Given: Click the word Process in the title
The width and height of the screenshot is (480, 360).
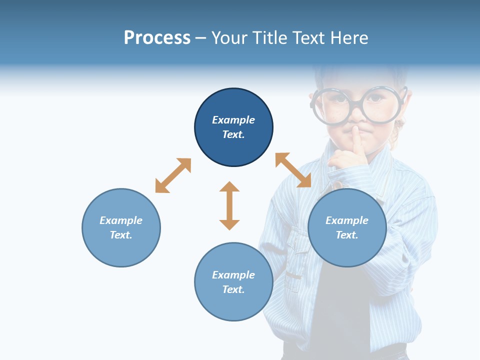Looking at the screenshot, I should coord(157,38).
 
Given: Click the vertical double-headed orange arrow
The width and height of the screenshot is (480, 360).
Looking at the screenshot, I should coord(229,205).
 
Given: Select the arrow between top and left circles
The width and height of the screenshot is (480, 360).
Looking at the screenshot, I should coord(173,175).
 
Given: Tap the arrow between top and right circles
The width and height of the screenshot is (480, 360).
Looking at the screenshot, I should coord(293,170).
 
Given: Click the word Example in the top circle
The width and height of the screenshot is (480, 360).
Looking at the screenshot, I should coord(233,120).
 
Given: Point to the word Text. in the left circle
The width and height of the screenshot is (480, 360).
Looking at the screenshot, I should coord(121,235).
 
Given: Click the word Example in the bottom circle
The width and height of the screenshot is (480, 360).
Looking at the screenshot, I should coord(233,275).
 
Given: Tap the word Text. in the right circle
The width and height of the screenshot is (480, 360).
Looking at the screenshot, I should coord(347,235).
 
